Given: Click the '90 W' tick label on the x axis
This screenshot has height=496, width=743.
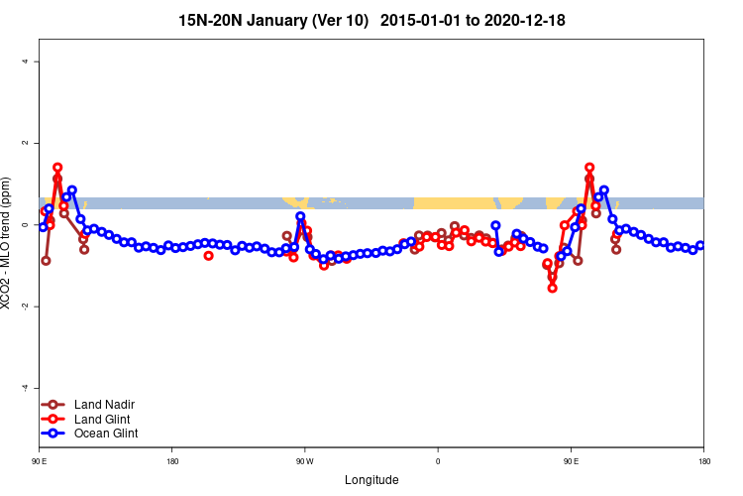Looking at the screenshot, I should pos(304,461).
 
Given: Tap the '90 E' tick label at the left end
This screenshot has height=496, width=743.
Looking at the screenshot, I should pos(40,461).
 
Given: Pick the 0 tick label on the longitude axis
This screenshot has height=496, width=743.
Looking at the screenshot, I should pos(437,461).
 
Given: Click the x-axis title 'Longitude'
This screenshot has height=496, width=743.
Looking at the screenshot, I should pos(371,480).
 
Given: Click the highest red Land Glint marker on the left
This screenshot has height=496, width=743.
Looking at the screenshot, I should pos(57,168).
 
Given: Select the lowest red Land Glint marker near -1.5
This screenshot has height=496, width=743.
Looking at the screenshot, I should pos(552,288).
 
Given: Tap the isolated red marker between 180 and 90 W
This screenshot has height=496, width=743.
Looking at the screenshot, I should pos(208,256).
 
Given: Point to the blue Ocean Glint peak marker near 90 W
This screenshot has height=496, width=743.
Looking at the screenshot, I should pos(300,216).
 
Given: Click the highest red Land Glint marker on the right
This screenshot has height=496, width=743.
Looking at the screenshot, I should pos(589,168).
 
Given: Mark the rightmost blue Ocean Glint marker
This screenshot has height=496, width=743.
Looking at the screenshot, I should pos(700,246).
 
